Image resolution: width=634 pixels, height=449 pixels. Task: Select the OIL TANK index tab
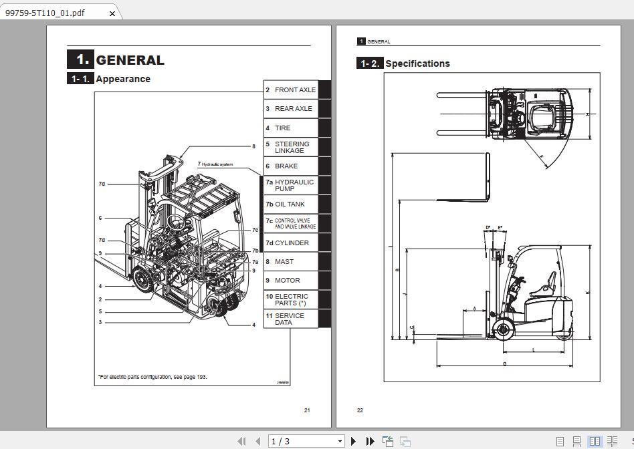(x=291, y=204)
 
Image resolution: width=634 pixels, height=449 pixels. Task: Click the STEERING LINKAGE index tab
(x=291, y=147)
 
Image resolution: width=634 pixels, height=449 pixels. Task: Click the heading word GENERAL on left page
(x=130, y=60)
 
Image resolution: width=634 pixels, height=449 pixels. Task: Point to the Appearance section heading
(x=122, y=79)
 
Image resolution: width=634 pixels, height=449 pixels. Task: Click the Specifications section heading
(x=417, y=64)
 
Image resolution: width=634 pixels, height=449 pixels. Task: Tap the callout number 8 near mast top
(x=253, y=146)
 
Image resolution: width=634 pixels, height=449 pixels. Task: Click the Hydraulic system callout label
(x=217, y=164)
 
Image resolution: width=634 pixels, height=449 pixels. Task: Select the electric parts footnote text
(x=152, y=377)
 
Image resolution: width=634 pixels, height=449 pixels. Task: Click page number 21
(x=307, y=410)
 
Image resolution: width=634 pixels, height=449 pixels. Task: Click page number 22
(x=360, y=410)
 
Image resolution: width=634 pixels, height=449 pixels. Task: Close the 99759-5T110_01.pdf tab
(x=112, y=13)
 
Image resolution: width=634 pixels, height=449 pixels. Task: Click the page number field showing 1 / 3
(x=306, y=441)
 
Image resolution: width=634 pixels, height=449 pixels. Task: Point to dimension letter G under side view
(x=504, y=364)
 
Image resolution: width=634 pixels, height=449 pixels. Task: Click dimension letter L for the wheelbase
(x=533, y=350)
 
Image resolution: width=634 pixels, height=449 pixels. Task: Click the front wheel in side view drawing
(x=503, y=328)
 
